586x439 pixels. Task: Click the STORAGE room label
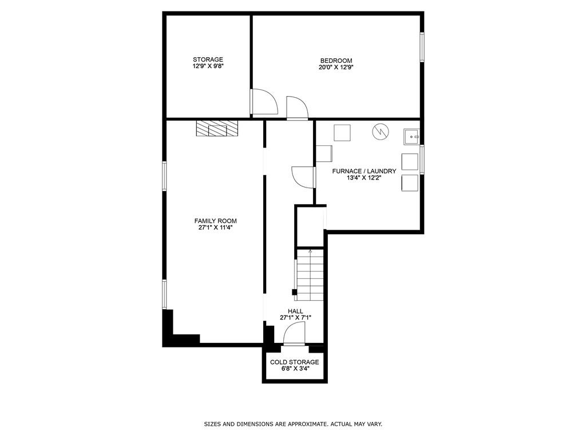point(208,59)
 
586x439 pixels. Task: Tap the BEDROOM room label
point(336,61)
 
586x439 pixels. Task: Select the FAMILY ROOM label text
point(215,221)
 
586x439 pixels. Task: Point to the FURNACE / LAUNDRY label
point(364,171)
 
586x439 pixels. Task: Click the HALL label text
point(295,311)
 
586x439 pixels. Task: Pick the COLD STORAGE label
point(295,362)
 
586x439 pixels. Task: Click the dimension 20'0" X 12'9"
point(336,67)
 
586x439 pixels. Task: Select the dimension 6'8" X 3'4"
point(295,369)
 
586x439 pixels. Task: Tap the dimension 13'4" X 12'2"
point(364,178)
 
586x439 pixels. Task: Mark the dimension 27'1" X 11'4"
point(215,228)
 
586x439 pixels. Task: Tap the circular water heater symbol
point(380,132)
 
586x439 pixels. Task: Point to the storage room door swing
point(264,102)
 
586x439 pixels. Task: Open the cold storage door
point(295,334)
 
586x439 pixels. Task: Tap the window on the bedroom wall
point(422,47)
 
